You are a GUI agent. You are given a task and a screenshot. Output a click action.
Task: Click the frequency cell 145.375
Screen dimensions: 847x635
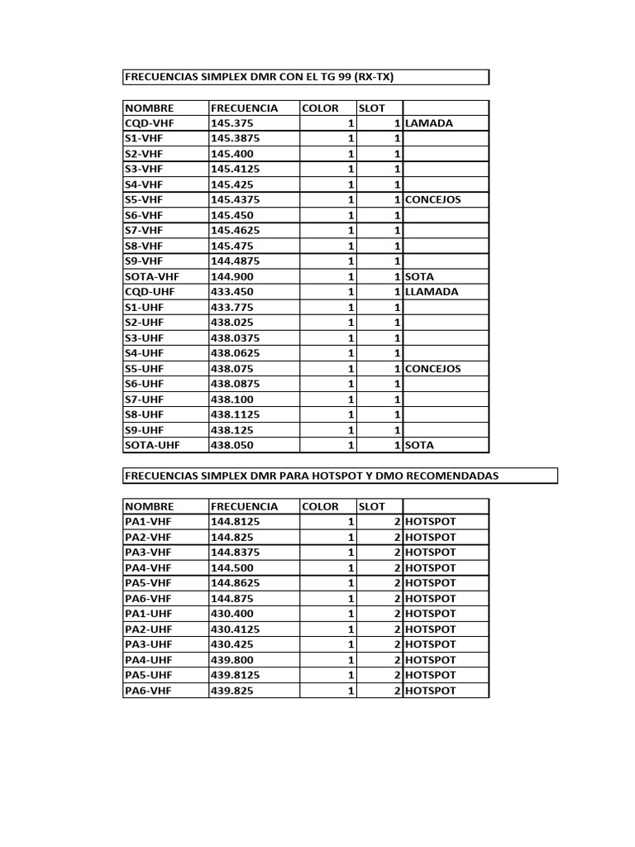click(x=227, y=123)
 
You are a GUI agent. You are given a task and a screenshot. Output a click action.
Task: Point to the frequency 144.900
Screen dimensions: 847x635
click(x=232, y=276)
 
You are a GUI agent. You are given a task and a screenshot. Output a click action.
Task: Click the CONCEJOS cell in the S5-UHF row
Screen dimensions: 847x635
click(x=433, y=369)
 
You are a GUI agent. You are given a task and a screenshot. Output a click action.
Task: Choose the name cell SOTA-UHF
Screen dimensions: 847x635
click(x=153, y=445)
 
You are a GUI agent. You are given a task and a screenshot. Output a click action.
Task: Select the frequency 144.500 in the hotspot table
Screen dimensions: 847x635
click(x=232, y=568)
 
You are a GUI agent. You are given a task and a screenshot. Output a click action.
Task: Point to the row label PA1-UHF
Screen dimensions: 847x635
click(x=148, y=614)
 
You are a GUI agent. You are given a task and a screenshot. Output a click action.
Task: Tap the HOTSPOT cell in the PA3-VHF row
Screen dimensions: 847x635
click(x=430, y=553)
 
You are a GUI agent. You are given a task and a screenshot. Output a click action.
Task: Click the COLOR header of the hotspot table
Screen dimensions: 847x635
click(x=320, y=506)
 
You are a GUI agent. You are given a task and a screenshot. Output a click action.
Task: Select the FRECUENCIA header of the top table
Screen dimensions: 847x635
click(x=244, y=108)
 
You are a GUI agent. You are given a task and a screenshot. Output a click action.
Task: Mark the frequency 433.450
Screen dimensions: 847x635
click(x=232, y=292)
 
